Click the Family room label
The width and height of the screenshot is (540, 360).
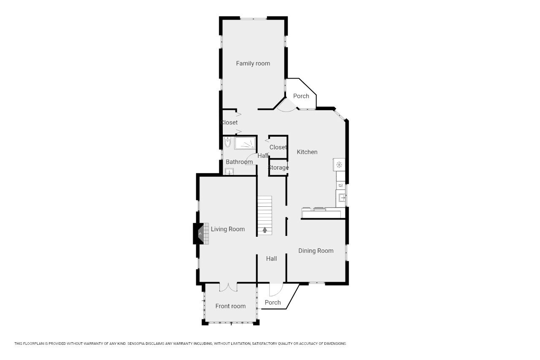[x=253, y=63]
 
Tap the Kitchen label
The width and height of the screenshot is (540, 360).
[x=307, y=152]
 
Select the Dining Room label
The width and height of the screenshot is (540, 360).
[x=316, y=251]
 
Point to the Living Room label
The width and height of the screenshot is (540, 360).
[x=228, y=229]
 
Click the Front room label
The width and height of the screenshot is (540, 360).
[x=230, y=306]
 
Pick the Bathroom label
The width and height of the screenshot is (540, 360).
[x=239, y=162]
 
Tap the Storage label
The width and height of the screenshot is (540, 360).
[x=278, y=168]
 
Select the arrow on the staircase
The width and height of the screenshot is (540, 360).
[x=265, y=230]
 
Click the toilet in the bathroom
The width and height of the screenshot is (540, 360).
[x=227, y=142]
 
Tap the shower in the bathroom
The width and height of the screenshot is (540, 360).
[x=245, y=143]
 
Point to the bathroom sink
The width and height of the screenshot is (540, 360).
[x=229, y=171]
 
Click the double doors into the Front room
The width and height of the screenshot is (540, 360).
[x=228, y=287]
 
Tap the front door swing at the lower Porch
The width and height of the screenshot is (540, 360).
[x=276, y=290]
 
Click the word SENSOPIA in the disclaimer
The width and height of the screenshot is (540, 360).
[x=136, y=344]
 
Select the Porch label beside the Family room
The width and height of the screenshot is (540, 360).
[x=301, y=96]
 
